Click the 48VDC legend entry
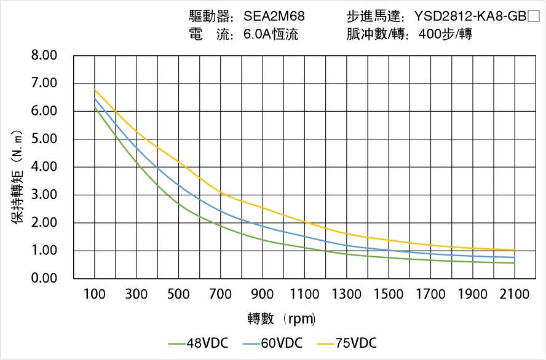(x=197, y=343)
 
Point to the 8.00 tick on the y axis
(x=44, y=55)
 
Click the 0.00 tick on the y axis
(x=44, y=279)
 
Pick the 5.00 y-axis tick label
(x=44, y=139)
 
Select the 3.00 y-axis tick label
(x=44, y=195)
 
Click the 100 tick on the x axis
(x=95, y=294)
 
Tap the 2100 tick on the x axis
(x=515, y=294)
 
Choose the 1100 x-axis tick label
(x=304, y=294)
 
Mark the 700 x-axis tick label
(x=221, y=294)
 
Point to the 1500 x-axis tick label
(x=389, y=294)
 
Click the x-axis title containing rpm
(x=282, y=319)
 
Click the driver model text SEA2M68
(x=274, y=16)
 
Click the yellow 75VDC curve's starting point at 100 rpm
(x=95, y=90)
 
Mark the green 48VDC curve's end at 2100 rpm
(x=515, y=263)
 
